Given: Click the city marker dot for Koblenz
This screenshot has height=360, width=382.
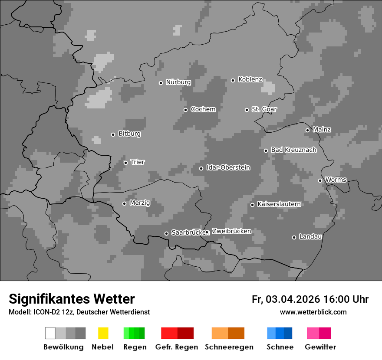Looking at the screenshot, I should pyautogui.click(x=233, y=80).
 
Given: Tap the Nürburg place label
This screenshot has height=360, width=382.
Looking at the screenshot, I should pyautogui.click(x=178, y=82).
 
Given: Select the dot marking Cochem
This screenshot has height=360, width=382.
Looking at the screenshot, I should pyautogui.click(x=185, y=110).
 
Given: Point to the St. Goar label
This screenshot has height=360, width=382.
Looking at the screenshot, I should pyautogui.click(x=264, y=109).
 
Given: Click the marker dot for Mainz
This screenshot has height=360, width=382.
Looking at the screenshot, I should pyautogui.click(x=307, y=130).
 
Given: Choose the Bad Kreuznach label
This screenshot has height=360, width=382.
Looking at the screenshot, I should pyautogui.click(x=293, y=150).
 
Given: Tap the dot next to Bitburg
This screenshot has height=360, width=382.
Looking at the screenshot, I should pyautogui.click(x=113, y=134).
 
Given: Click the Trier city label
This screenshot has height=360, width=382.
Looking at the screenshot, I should pyautogui.click(x=138, y=162).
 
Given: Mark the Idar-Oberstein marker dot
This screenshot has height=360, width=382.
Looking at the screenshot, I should pyautogui.click(x=201, y=168).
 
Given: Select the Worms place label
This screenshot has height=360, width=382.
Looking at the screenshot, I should pyautogui.click(x=336, y=180).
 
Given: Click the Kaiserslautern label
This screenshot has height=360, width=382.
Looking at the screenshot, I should pyautogui.click(x=279, y=204).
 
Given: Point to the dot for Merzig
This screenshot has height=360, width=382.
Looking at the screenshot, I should pyautogui.click(x=125, y=203).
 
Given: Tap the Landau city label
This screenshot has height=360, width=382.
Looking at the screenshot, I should pyautogui.click(x=310, y=237).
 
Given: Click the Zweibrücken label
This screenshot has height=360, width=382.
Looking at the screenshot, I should pyautogui.click(x=231, y=231).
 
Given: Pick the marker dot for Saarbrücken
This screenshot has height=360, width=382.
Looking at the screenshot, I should pyautogui.click(x=166, y=233).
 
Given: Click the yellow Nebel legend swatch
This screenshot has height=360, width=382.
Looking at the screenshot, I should pyautogui.click(x=103, y=333).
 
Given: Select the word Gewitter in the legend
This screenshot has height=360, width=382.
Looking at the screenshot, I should pyautogui.click(x=320, y=347).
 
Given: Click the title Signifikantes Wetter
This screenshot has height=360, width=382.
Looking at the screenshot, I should pyautogui.click(x=72, y=299).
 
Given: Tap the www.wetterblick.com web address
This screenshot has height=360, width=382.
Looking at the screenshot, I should pyautogui.click(x=313, y=312).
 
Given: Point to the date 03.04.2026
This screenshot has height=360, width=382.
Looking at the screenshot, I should pyautogui.click(x=293, y=299).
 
